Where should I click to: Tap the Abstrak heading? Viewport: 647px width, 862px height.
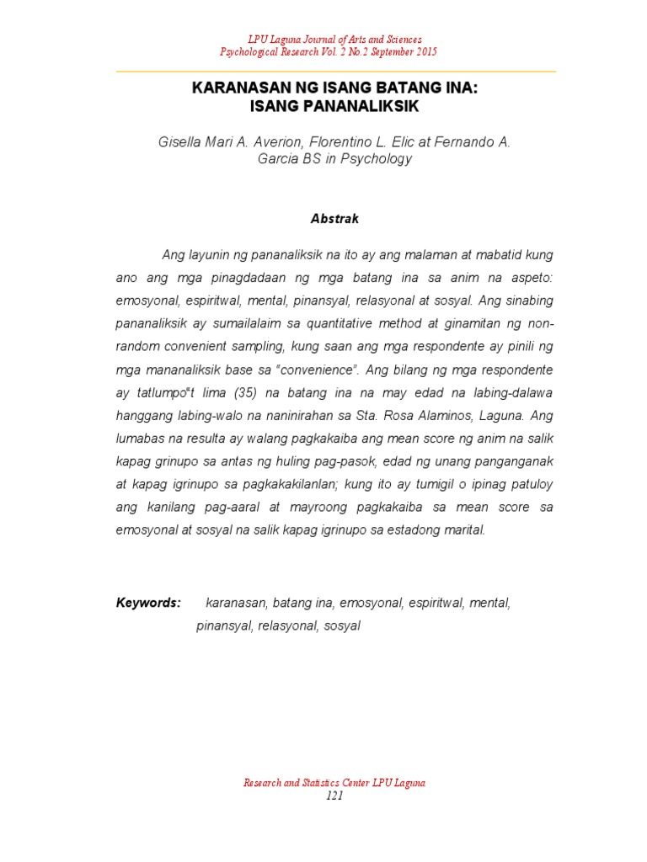[334, 219]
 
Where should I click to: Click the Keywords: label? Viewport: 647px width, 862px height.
[148, 603]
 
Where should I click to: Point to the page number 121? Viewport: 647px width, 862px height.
[334, 798]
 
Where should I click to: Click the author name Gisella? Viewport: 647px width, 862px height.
[182, 142]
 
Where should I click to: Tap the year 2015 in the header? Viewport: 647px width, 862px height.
[425, 52]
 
